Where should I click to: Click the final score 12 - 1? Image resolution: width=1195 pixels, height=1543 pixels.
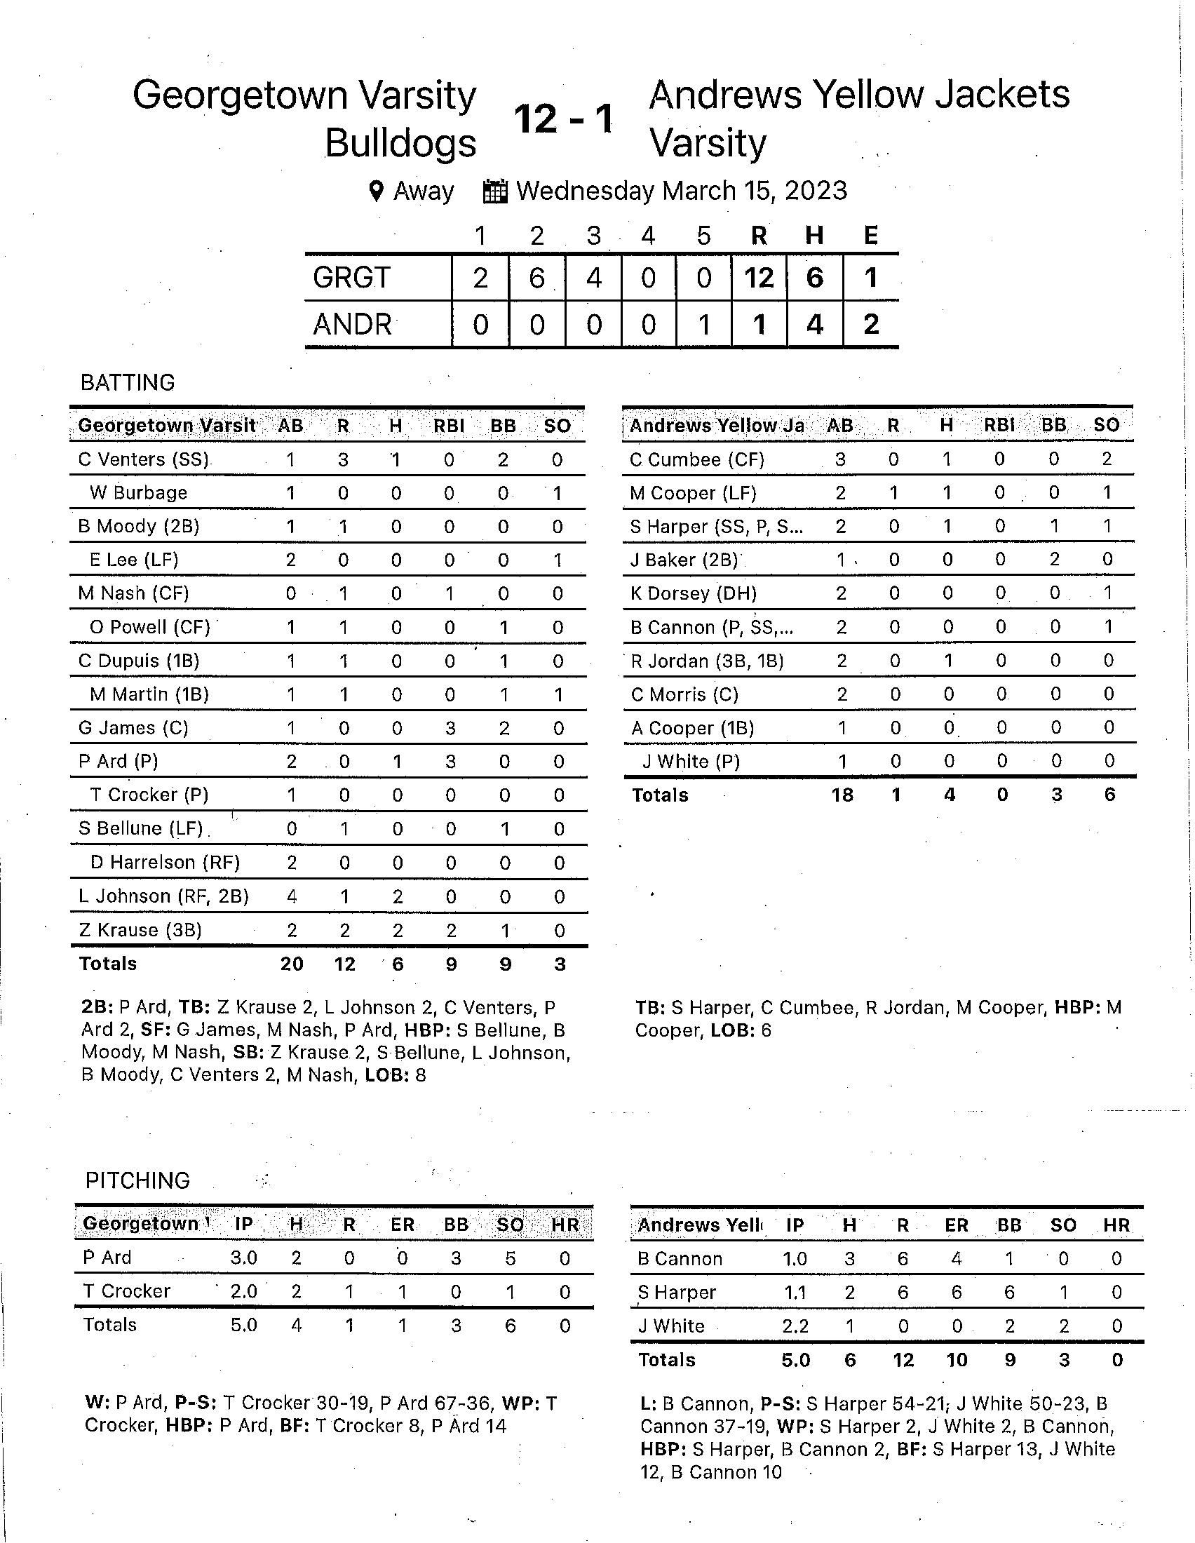click(563, 119)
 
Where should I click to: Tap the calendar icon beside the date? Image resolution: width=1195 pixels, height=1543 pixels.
click(495, 191)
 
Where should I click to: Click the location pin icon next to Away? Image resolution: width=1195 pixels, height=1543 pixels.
click(377, 191)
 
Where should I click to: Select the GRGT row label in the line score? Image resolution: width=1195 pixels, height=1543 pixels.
click(351, 278)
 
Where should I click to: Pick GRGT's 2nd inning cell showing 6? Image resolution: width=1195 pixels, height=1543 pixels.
click(536, 278)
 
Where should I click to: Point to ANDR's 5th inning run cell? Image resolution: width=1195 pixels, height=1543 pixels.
click(703, 325)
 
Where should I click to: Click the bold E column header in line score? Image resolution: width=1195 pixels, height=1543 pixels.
click(871, 235)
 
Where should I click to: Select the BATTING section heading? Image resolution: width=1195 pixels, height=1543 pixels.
click(128, 382)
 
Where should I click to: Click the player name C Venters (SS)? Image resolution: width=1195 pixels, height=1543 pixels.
click(142, 460)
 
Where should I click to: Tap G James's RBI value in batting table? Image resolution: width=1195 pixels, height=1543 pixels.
click(450, 728)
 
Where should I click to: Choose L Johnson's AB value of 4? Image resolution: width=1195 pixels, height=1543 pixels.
click(292, 896)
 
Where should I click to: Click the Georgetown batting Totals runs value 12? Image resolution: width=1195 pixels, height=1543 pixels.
click(344, 964)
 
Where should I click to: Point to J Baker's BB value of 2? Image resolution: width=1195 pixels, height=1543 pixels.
click(1054, 560)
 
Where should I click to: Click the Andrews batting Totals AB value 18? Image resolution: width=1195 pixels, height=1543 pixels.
click(842, 795)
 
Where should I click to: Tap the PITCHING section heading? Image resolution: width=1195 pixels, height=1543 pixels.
click(137, 1180)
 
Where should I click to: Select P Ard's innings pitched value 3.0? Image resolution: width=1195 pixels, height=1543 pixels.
click(243, 1258)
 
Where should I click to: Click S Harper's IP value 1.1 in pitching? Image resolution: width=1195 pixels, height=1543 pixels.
click(795, 1292)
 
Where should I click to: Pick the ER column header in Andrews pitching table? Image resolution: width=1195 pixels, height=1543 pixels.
click(957, 1225)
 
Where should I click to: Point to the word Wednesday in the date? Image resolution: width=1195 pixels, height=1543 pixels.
click(586, 191)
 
